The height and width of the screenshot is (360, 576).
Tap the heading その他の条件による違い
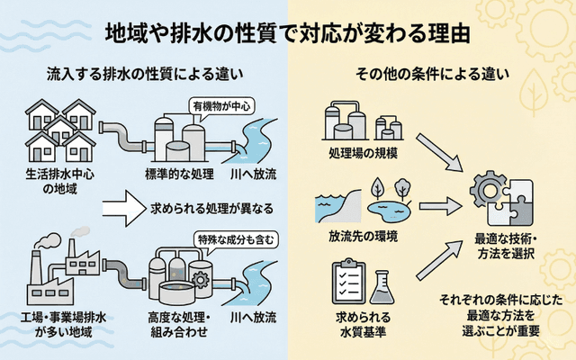pyautogui.click(x=429, y=73)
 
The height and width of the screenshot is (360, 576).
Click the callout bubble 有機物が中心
pyautogui.click(x=220, y=107)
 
